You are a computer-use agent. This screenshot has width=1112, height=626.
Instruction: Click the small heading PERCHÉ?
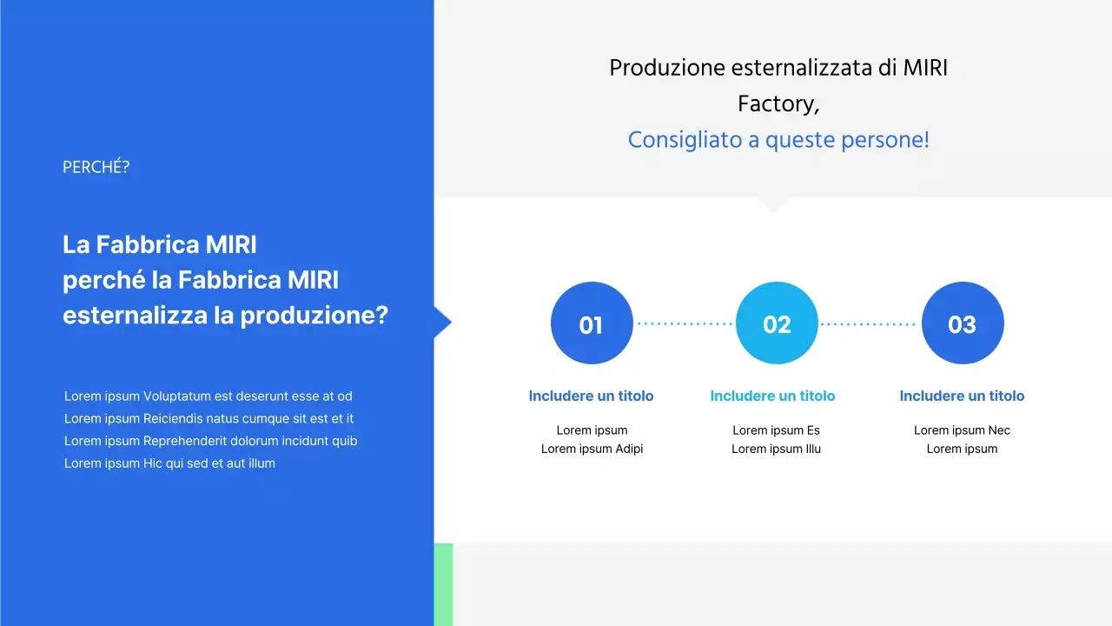pyautogui.click(x=96, y=167)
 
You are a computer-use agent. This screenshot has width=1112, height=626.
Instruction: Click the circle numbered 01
pyautogui.click(x=592, y=323)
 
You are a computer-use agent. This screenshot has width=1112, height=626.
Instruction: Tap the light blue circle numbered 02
pyautogui.click(x=777, y=323)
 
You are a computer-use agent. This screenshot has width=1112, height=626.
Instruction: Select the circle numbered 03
pyautogui.click(x=963, y=323)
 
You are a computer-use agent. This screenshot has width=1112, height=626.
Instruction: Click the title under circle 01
pyautogui.click(x=591, y=396)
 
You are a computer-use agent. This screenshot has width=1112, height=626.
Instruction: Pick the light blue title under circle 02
pyautogui.click(x=772, y=396)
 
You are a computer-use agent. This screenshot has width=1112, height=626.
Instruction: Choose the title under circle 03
pyautogui.click(x=962, y=396)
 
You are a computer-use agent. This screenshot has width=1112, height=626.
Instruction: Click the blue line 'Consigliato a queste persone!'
pyautogui.click(x=778, y=140)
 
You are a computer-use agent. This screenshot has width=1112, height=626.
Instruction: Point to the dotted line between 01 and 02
pyautogui.click(x=685, y=323)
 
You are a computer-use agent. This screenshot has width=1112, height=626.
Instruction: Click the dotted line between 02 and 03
pyautogui.click(x=868, y=323)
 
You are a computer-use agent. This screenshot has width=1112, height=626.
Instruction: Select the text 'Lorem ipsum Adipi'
pyautogui.click(x=592, y=449)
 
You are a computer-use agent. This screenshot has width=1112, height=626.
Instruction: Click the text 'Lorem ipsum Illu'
pyautogui.click(x=776, y=449)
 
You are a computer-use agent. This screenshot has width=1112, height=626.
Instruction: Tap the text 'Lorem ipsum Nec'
pyautogui.click(x=962, y=430)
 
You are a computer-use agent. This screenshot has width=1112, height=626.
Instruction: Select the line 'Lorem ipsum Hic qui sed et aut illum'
pyautogui.click(x=169, y=463)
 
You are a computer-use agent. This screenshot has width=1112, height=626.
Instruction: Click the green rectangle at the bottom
pyautogui.click(x=443, y=584)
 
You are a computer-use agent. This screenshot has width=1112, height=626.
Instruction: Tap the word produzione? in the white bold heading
pyautogui.click(x=314, y=315)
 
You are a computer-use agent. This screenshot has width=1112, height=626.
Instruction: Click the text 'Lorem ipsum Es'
pyautogui.click(x=776, y=430)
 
